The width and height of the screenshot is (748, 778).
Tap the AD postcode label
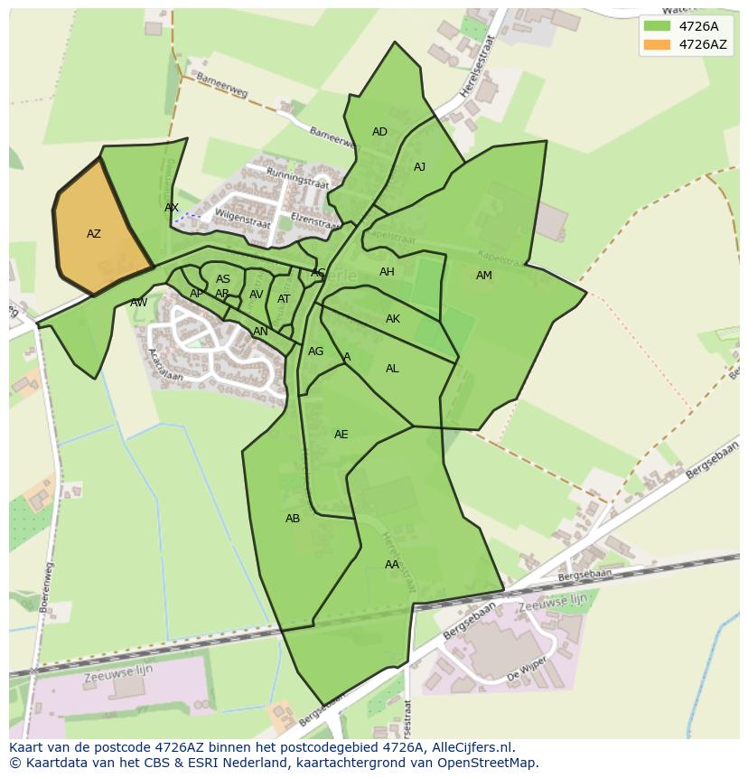379,132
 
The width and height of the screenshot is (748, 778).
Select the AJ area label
419,167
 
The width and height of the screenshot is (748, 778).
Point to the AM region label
484,276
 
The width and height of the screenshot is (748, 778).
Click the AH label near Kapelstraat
387,272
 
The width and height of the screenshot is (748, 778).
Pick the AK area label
393,319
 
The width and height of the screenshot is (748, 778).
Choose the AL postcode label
392,369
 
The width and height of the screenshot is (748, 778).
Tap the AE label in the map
341,435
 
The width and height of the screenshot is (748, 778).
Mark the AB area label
293,519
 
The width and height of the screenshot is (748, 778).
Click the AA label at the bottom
391,565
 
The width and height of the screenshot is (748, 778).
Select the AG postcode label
315,352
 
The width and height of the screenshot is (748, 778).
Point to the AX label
172,208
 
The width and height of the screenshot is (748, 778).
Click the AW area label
138,303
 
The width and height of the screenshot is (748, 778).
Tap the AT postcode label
284,299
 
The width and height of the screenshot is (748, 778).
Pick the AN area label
260,332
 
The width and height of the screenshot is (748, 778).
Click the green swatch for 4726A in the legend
657,26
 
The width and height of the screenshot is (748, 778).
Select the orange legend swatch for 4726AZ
657,44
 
